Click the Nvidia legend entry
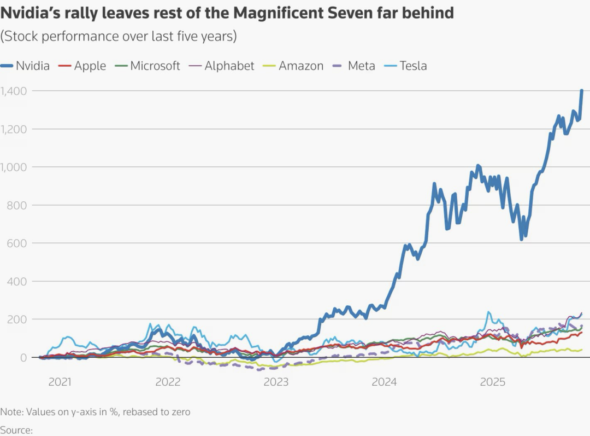point(25,66)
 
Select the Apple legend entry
point(82,66)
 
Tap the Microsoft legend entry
point(147,66)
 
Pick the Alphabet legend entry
point(222,66)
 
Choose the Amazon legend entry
point(293,66)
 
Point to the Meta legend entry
point(354,66)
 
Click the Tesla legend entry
point(405,66)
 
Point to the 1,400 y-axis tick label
point(14,91)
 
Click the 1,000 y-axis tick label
point(14,167)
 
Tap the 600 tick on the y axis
point(17,243)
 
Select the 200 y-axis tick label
point(17,319)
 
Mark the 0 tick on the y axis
point(23,357)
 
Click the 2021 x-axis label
point(60,382)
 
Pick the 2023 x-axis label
point(276,382)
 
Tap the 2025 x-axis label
point(493,382)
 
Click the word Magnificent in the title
point(278,13)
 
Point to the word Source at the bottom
point(16,430)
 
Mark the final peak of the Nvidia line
point(582,90)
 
